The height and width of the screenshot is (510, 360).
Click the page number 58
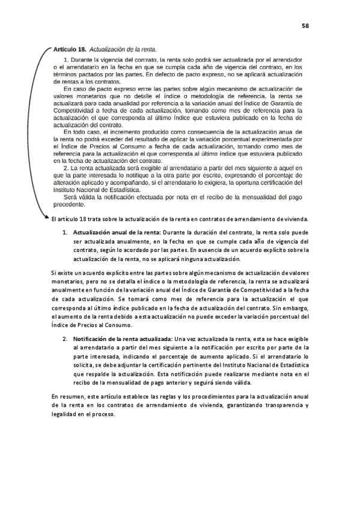[305, 26]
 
